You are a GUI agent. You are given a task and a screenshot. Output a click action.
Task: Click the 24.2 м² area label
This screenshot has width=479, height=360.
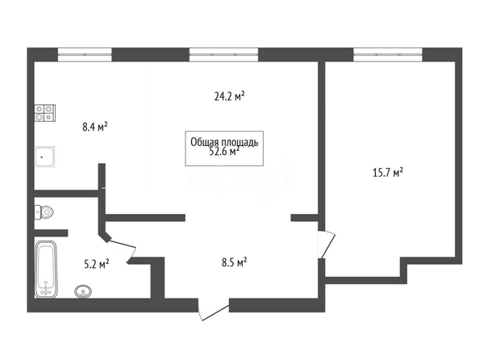coord(229,96)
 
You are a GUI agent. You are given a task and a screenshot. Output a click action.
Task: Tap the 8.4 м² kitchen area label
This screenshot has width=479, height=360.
coord(95,126)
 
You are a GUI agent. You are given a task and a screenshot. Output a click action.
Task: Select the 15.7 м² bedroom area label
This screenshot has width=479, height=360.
coord(388,173)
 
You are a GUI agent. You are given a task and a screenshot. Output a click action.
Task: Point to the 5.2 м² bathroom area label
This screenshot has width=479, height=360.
coord(97,264)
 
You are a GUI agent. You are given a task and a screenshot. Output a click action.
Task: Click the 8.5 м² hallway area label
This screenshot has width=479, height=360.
coord(235,262)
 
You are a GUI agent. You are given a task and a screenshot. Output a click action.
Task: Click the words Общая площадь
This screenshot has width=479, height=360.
coord(224,142)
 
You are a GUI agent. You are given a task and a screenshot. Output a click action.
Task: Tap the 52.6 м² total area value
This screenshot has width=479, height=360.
coord(224,152)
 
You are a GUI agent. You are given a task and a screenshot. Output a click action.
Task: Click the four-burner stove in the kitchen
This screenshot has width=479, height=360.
coord(45,113)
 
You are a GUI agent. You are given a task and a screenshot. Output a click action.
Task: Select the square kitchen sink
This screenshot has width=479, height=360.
coord(45,157)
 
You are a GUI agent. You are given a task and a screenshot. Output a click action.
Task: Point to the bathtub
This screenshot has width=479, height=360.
coord(46,269)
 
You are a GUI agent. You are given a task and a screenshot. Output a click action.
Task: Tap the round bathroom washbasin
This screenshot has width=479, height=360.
coord(83,291)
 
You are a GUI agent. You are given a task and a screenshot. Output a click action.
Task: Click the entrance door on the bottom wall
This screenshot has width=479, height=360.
coord(214,309)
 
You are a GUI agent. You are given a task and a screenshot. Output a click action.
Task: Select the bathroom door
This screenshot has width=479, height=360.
coord(122,249)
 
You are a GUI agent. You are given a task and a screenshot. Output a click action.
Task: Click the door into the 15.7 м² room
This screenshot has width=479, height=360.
coord(327,244)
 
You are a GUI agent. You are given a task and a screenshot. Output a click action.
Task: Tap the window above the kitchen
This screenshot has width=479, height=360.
coord(85,54)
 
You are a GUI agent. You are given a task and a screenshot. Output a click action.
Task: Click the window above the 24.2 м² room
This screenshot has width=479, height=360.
coord(223,54)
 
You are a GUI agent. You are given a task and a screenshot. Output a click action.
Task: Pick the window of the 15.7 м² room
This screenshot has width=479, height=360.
coord(388,54)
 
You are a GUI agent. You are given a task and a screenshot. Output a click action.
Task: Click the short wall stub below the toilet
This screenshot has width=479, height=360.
coord(51,232)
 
